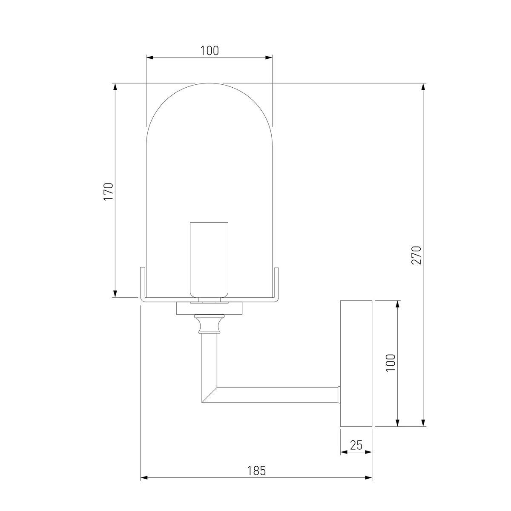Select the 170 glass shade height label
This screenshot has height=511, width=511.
[x=109, y=191]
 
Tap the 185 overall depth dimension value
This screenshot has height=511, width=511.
[x=256, y=471]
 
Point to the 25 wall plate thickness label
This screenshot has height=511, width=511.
[x=356, y=445]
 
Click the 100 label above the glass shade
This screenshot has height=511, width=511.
[x=210, y=51]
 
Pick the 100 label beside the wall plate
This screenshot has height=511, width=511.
[x=390, y=363]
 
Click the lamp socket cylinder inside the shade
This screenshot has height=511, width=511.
[x=209, y=260]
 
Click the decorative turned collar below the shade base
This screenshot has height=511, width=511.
[x=209, y=324]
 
